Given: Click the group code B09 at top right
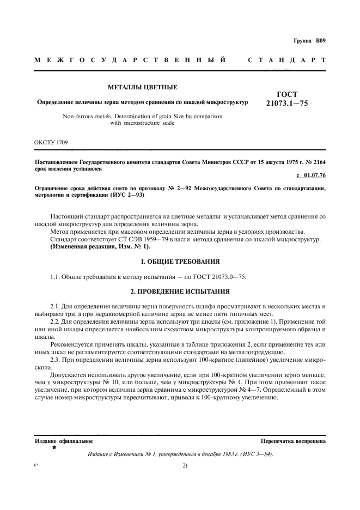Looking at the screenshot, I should tap(319, 41).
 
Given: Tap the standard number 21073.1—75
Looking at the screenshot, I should tap(287, 103).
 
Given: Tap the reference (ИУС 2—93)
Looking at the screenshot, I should tap(127, 195).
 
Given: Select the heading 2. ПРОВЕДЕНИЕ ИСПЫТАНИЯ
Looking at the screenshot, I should tap(180, 292).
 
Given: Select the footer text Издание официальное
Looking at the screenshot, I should tap(63, 441).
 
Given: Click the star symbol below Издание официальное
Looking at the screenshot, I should tap(54, 448).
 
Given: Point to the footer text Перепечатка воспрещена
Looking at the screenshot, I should tap(293, 441).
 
